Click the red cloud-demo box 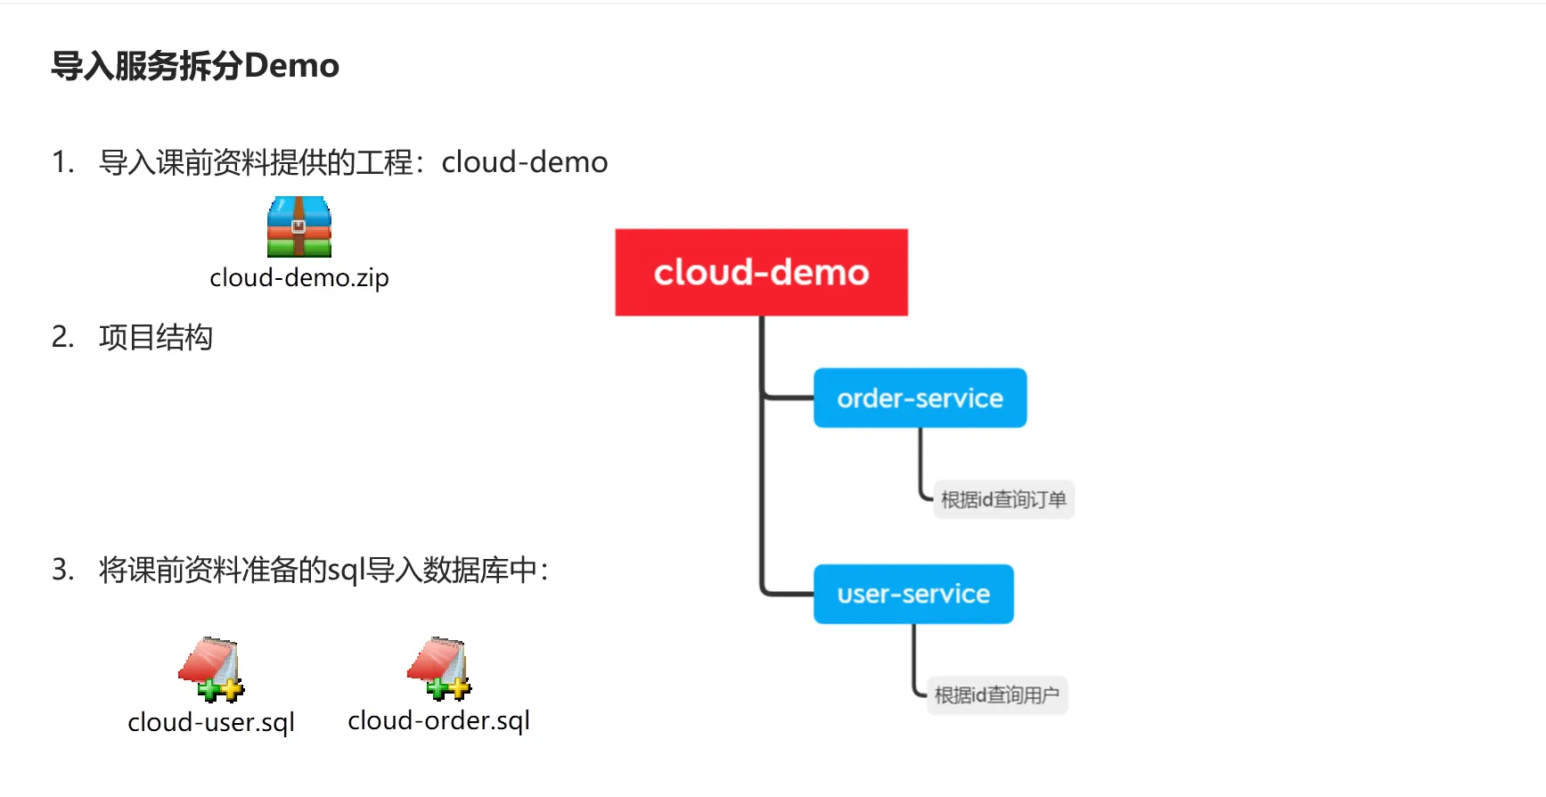click(761, 272)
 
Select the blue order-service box click(920, 398)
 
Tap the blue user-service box click(913, 594)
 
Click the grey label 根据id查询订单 click(1003, 499)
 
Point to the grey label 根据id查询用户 click(996, 695)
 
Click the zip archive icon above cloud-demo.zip click(299, 226)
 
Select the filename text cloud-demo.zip click(299, 278)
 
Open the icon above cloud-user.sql click(211, 669)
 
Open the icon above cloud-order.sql click(439, 668)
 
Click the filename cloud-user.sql click(211, 722)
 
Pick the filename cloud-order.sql click(439, 720)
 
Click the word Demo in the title click(291, 66)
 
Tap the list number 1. click(61, 162)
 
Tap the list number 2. click(61, 337)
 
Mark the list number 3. click(61, 569)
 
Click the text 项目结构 click(156, 337)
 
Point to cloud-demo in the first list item click(524, 162)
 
